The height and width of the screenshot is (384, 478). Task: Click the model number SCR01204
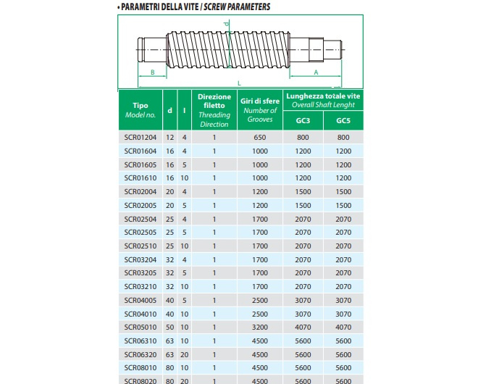pyautogui.click(x=141, y=138)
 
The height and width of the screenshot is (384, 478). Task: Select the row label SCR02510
pyautogui.click(x=141, y=246)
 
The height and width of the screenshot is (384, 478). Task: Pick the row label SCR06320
pyautogui.click(x=141, y=355)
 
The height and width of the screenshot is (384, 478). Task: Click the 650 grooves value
pyautogui.click(x=260, y=138)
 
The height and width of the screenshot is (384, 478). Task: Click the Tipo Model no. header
pyautogui.click(x=141, y=110)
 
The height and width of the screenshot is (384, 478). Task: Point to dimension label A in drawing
pyautogui.click(x=316, y=72)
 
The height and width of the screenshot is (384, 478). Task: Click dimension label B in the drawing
pyautogui.click(x=152, y=72)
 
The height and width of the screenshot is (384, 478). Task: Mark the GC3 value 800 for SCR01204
pyautogui.click(x=303, y=138)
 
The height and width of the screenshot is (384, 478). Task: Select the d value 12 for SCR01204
pyautogui.click(x=170, y=138)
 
